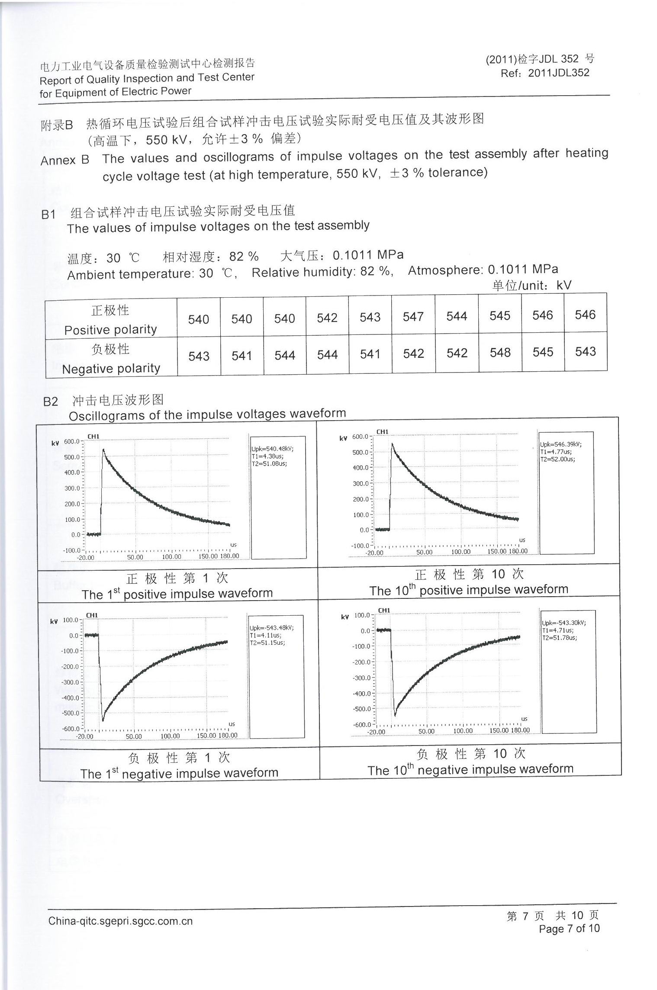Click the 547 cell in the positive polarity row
[x=413, y=317]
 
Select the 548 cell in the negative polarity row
[x=500, y=353]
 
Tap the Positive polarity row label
[x=110, y=330]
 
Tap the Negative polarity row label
[x=111, y=369]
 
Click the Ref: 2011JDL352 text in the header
[x=545, y=73]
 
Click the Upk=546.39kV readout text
[x=560, y=444]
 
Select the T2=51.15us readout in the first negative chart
[x=267, y=643]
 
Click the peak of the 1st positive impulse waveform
[x=103, y=450]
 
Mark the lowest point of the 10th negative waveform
[x=395, y=715]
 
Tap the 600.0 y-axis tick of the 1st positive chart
[x=72, y=441]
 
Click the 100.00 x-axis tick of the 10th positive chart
[x=461, y=552]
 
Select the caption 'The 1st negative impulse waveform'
[x=179, y=773]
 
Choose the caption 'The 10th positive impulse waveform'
[x=469, y=590]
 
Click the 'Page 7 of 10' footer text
[x=569, y=928]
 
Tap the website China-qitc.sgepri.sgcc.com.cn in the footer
[x=120, y=921]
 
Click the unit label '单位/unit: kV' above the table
[x=531, y=285]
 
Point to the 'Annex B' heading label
[x=65, y=160]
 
